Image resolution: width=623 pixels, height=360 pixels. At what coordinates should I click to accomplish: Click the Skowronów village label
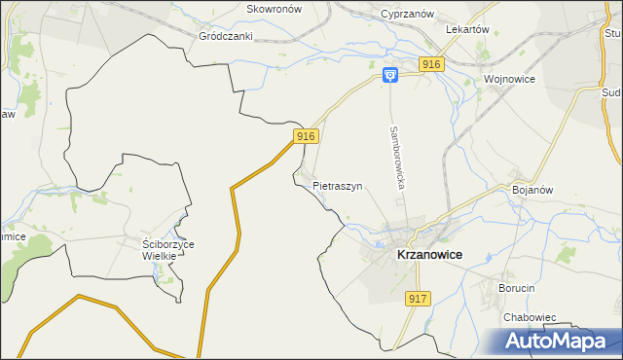click(x=275, y=9)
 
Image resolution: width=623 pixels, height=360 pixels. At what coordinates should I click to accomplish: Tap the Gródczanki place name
click(x=226, y=36)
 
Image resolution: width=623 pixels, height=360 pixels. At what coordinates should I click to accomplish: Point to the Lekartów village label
click(x=466, y=29)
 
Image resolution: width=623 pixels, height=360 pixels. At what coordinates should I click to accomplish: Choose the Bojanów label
click(x=532, y=190)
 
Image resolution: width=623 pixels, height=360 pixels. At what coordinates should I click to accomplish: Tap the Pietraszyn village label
click(x=338, y=185)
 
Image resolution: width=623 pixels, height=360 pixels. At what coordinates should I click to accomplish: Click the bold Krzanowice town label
click(x=429, y=254)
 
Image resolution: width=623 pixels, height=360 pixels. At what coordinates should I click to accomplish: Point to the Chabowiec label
click(x=529, y=317)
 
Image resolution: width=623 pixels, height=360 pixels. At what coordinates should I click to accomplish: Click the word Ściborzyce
click(x=168, y=244)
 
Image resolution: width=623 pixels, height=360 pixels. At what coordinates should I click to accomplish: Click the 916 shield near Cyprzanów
click(x=432, y=64)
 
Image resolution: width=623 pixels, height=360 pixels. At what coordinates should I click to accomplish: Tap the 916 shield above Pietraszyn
click(x=306, y=137)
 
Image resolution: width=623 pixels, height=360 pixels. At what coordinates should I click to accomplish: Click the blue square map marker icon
click(x=389, y=75)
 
